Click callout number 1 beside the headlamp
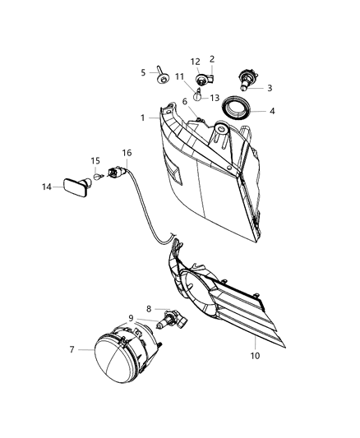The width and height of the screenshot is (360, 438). coord(142,118)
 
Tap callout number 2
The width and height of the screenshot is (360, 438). coord(212,59)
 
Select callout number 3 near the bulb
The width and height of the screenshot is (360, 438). coord(269,88)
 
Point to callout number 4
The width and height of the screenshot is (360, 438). coord(273,111)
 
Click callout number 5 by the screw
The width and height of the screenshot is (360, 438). coord(143,72)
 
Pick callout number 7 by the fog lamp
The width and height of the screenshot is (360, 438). coord(72,349)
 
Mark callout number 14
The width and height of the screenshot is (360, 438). coord(48,187)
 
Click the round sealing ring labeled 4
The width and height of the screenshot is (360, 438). coord(240,108)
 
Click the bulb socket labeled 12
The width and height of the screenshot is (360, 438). coord(205,78)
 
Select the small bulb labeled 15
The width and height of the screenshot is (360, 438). coord(97,176)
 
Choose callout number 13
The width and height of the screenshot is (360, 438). coord(215,98)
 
